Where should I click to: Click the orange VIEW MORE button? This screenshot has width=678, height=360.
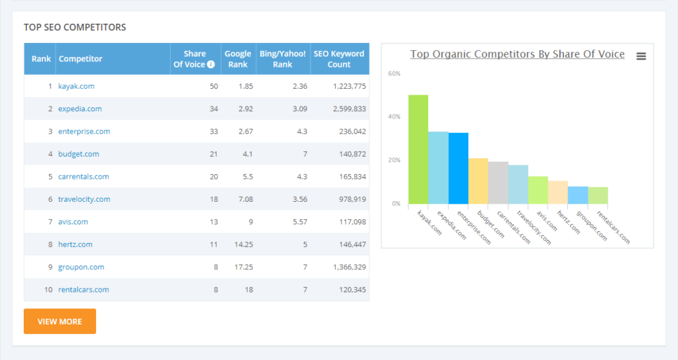pos(60,321)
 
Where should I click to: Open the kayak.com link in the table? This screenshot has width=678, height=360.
pos(76,86)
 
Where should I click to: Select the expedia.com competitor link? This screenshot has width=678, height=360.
pos(80,109)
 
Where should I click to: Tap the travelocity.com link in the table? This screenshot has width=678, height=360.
pos(84,199)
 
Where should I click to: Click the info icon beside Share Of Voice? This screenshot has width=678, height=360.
pos(211,64)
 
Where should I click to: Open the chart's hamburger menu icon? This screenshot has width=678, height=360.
pos(641,56)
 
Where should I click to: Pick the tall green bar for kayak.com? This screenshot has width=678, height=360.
pos(418,150)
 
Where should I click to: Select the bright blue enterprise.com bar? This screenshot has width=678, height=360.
pos(458,169)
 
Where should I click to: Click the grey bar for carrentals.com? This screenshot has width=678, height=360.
pos(498,183)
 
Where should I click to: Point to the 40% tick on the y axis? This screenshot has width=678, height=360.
pos(394,116)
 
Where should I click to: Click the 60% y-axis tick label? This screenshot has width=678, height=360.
pos(394,73)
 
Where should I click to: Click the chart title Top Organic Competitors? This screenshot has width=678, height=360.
pos(517,54)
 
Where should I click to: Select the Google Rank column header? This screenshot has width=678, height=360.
pos(238,59)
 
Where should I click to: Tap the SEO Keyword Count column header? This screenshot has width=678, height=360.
pos(339,59)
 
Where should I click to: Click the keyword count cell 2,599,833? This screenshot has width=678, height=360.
pos(350,109)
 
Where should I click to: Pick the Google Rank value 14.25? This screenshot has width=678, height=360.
pos(244,245)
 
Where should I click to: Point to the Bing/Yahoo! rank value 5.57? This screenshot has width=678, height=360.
pos(300,222)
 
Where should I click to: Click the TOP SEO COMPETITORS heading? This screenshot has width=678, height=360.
pos(75,27)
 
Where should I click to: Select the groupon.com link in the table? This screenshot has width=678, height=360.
pos(81,267)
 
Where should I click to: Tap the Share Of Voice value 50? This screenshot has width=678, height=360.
pos(214,86)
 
